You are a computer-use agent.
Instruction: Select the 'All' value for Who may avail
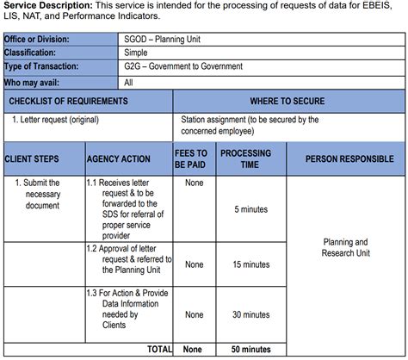click(128, 83)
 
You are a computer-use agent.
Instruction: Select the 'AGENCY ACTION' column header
click(118, 159)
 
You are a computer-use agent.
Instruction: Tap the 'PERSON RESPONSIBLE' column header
click(345, 159)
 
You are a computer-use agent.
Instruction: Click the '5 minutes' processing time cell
click(250, 209)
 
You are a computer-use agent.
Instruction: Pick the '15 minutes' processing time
click(250, 264)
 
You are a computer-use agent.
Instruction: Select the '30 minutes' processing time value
click(250, 314)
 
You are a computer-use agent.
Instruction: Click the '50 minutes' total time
click(250, 349)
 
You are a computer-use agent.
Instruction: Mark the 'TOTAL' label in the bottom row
click(159, 349)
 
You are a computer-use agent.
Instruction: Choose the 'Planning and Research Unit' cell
click(345, 248)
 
